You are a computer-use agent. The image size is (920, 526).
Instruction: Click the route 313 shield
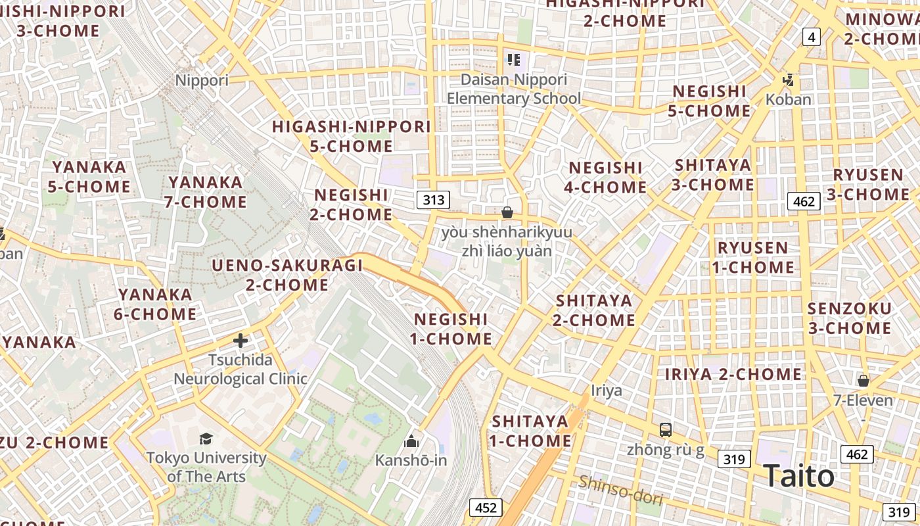(433, 200)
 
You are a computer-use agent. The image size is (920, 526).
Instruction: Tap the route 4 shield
(812, 37)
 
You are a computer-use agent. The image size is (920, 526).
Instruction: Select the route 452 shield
(485, 508)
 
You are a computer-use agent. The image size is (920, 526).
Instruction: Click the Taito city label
(798, 476)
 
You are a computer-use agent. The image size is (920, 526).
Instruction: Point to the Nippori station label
(202, 80)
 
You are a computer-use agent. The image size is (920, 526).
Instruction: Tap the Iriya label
(606, 391)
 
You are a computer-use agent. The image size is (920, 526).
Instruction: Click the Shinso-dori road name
(620, 490)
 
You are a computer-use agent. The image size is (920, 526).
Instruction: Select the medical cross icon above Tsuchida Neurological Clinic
(241, 341)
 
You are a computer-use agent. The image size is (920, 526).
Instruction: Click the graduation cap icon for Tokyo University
(206, 439)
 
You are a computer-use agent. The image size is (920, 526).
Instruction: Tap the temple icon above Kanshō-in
(411, 441)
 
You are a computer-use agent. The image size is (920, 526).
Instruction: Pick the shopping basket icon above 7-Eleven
(863, 381)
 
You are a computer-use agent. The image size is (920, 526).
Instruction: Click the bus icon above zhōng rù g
(666, 430)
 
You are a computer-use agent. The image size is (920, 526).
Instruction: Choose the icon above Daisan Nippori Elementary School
(514, 60)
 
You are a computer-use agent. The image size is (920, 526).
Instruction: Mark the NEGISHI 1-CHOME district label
(452, 329)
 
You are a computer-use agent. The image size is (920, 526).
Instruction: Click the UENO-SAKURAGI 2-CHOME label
(287, 275)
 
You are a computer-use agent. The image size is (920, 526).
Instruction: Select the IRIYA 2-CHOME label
(733, 374)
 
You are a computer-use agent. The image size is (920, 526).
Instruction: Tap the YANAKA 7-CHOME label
(206, 192)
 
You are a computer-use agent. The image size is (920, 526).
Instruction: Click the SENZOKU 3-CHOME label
(849, 318)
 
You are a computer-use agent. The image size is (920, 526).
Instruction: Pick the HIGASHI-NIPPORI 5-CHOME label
(352, 136)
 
